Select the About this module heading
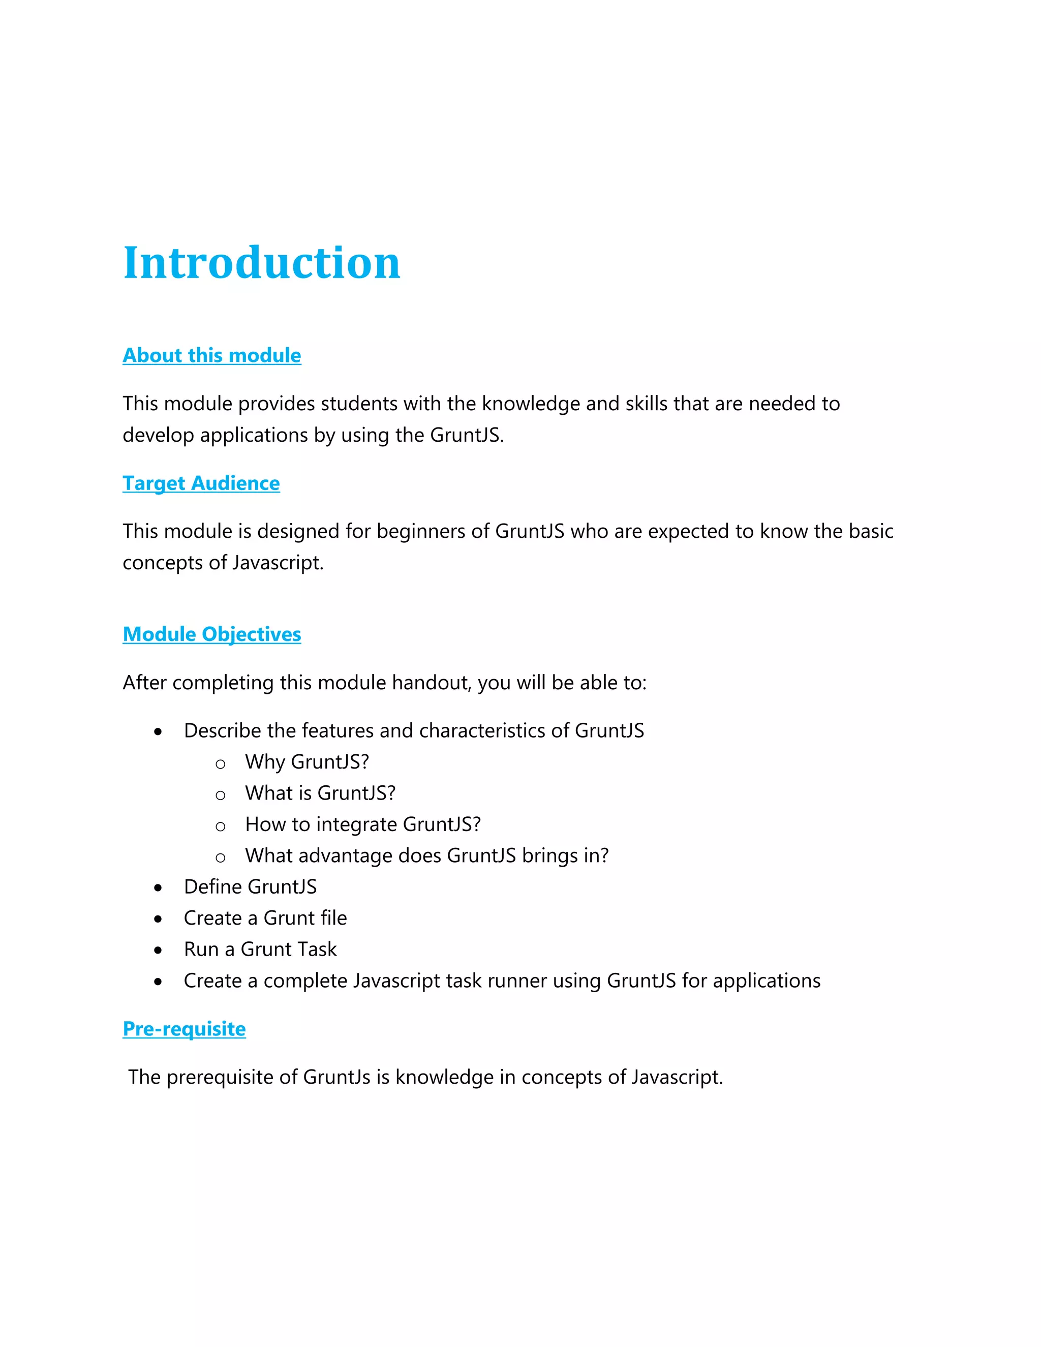click(211, 355)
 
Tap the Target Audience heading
click(201, 483)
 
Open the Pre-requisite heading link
click(184, 1029)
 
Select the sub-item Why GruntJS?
click(307, 762)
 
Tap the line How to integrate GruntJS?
click(362, 824)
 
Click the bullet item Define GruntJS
click(250, 887)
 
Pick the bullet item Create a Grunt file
click(265, 919)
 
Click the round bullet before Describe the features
click(159, 732)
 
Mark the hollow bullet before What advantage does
click(220, 858)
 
